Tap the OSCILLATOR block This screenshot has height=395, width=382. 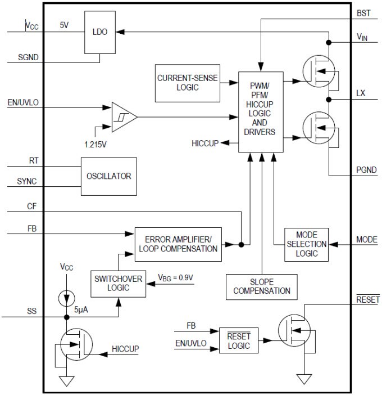point(108,176)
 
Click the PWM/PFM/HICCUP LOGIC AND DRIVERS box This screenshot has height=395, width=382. point(260,112)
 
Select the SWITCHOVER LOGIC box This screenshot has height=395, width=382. point(118,284)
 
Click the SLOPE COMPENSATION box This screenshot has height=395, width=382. point(262,286)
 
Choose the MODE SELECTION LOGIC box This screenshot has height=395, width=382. point(306,244)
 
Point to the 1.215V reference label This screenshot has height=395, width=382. point(96,143)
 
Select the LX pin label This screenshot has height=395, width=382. point(361,93)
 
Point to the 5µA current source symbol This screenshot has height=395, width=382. point(67,295)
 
